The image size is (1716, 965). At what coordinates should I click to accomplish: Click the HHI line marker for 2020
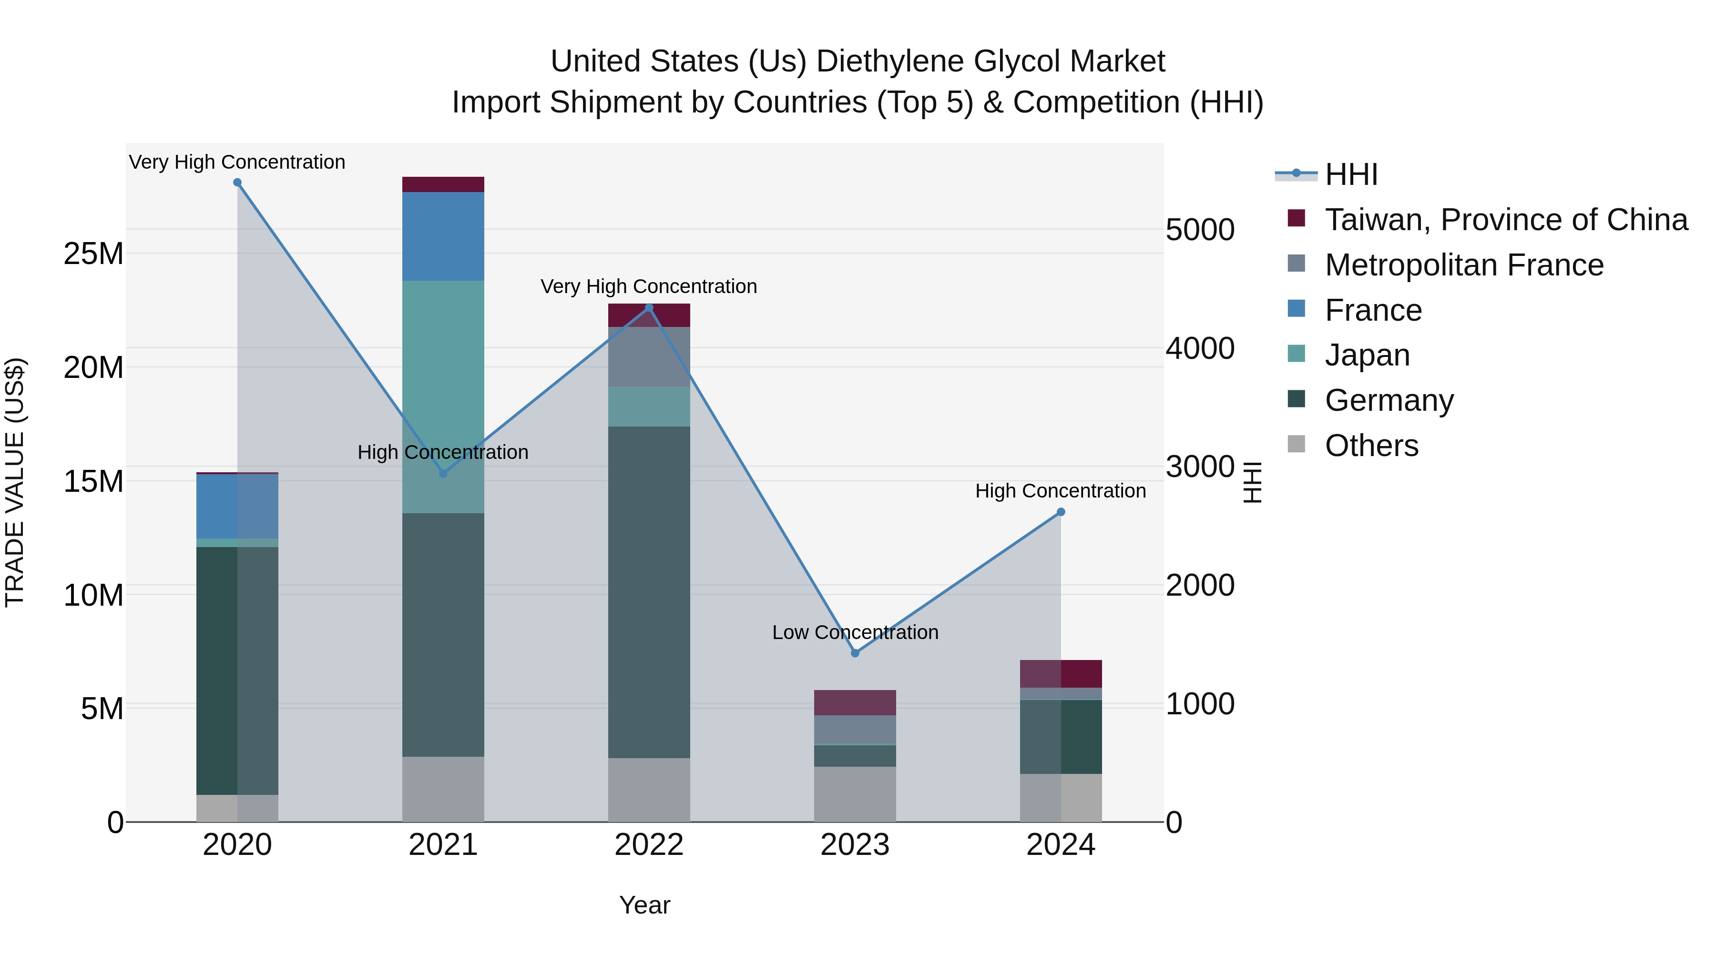click(237, 183)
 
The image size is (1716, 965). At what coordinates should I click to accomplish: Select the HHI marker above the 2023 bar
click(855, 653)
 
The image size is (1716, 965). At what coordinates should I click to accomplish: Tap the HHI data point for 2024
click(1061, 512)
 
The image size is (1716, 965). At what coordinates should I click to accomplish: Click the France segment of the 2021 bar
click(443, 236)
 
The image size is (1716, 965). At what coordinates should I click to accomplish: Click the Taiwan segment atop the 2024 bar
click(1061, 673)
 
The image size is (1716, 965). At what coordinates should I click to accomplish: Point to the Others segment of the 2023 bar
click(855, 794)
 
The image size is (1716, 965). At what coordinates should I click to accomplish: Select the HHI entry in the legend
click(1350, 174)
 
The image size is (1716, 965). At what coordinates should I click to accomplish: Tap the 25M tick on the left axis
click(93, 254)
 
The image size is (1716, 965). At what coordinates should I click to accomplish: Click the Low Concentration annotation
click(855, 632)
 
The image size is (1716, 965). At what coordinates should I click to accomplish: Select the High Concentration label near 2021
click(443, 452)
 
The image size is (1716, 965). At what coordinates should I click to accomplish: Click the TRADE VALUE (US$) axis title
click(15, 482)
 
